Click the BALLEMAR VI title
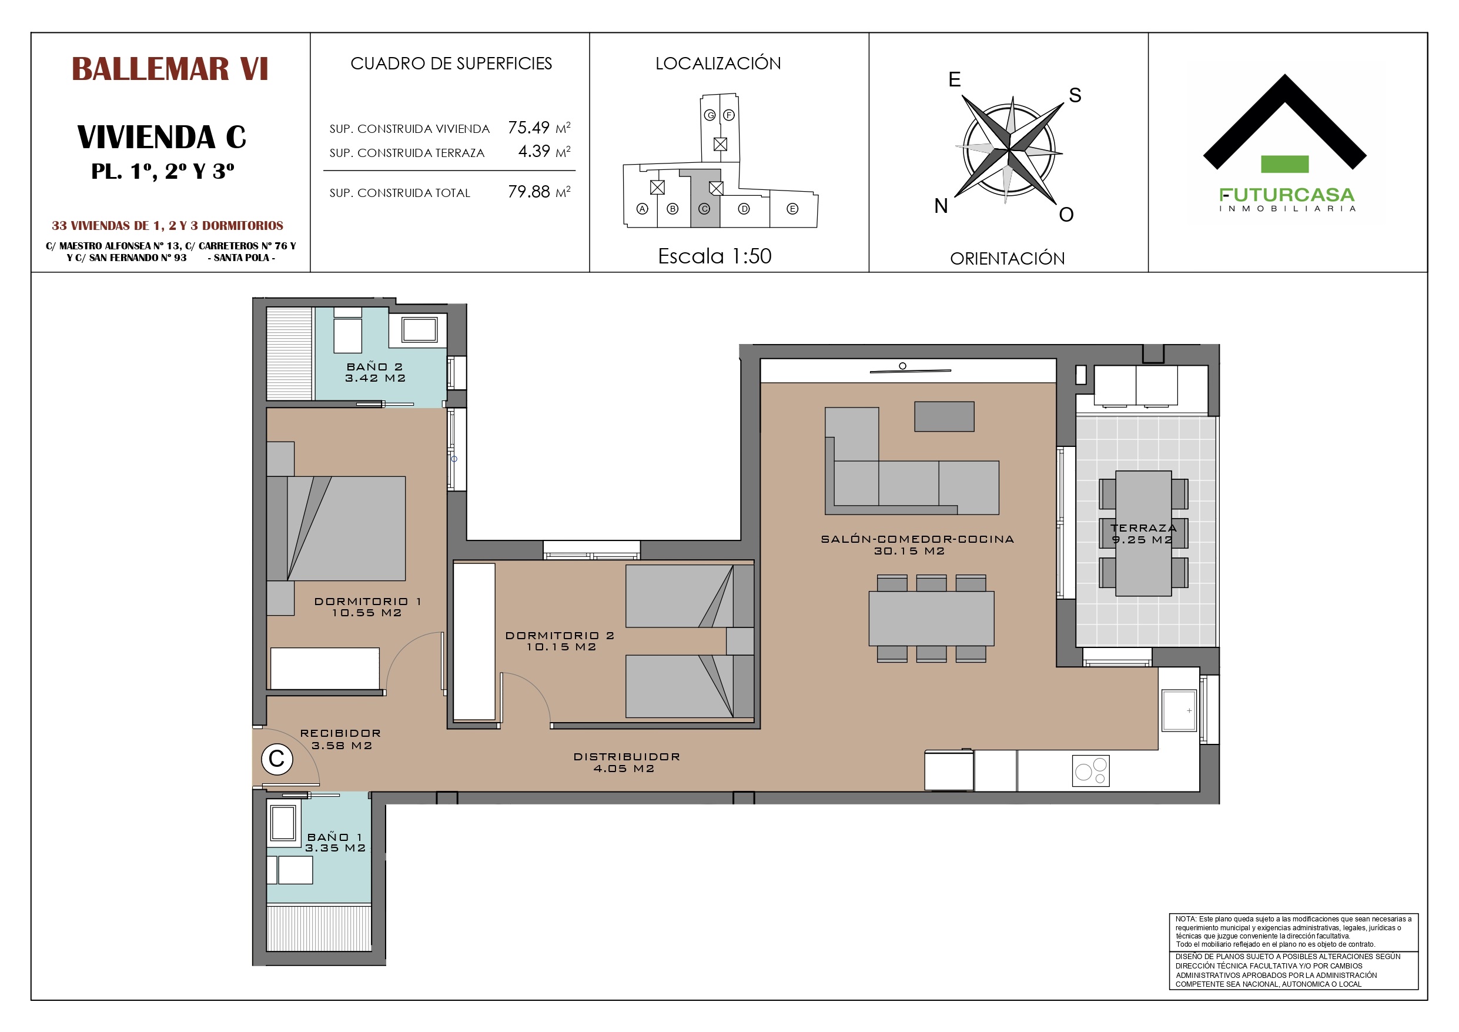click(x=170, y=69)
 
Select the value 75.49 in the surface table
click(x=528, y=128)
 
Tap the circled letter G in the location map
click(x=710, y=115)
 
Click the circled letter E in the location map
click(x=792, y=209)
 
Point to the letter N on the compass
click(x=941, y=206)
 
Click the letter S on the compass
click(x=1075, y=95)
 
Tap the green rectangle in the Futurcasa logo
click(x=1284, y=164)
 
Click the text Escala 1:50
click(x=714, y=256)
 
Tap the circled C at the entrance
click(x=276, y=759)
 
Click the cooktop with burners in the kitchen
click(x=1090, y=771)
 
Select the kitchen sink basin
click(x=1179, y=710)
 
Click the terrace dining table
click(x=1143, y=533)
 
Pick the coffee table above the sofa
click(x=943, y=416)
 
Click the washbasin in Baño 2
click(x=419, y=330)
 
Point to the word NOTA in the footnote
click(x=1185, y=919)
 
